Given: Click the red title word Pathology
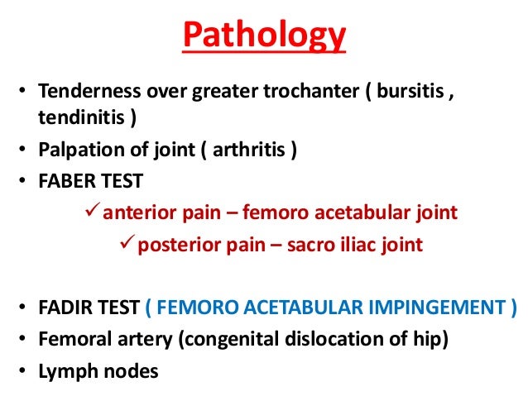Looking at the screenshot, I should [264, 37].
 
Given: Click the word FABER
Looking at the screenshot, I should [64, 181].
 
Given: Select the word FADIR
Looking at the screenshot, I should [64, 308].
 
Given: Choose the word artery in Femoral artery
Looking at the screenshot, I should [135, 340].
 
